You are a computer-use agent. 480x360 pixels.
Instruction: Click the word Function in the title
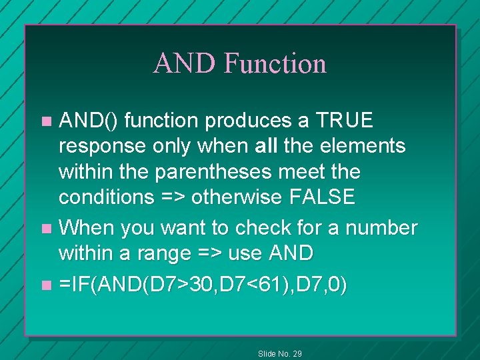click(x=275, y=64)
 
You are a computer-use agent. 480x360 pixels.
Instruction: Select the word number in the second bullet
click(x=382, y=228)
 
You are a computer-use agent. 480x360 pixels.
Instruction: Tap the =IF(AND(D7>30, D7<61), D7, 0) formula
click(x=203, y=285)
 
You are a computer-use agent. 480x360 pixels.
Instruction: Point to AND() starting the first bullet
click(x=89, y=121)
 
